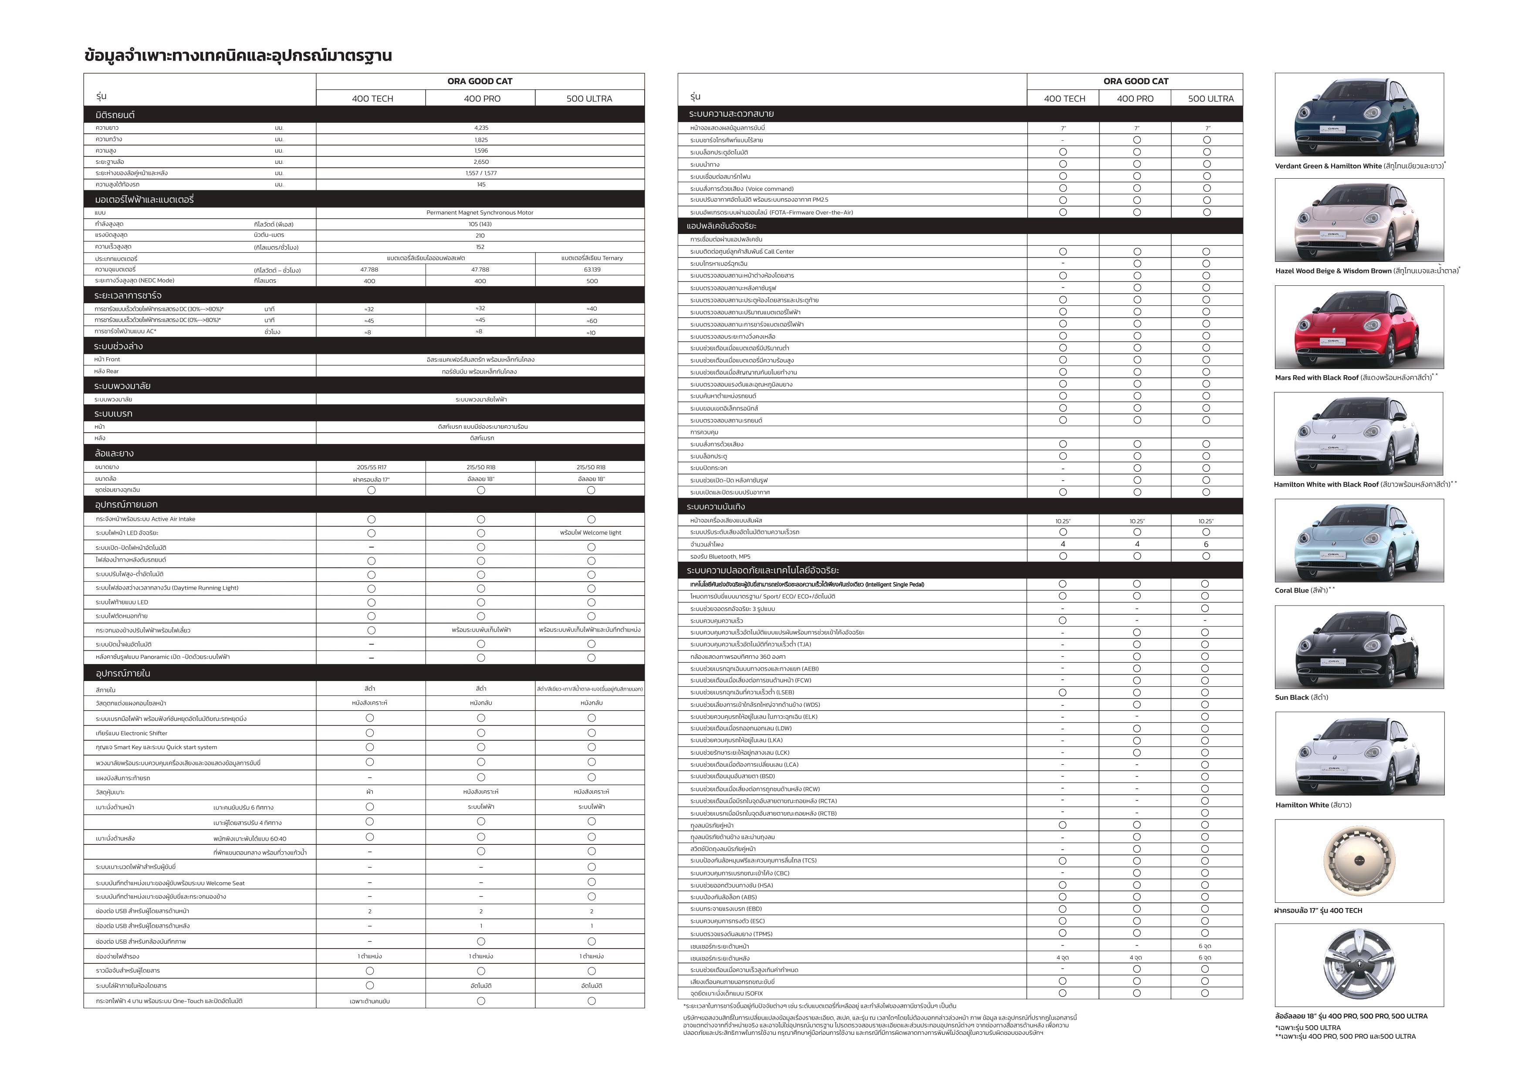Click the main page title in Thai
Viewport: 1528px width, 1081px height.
coord(237,55)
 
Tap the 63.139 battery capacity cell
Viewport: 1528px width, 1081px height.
coord(592,270)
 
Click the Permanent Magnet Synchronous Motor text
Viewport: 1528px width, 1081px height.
coord(480,212)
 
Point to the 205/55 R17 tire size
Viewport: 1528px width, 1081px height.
coord(371,467)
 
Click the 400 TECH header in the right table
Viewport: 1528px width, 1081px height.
coord(1064,98)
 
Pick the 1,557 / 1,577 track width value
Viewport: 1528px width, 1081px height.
coord(480,173)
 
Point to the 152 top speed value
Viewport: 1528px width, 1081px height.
coord(480,247)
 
